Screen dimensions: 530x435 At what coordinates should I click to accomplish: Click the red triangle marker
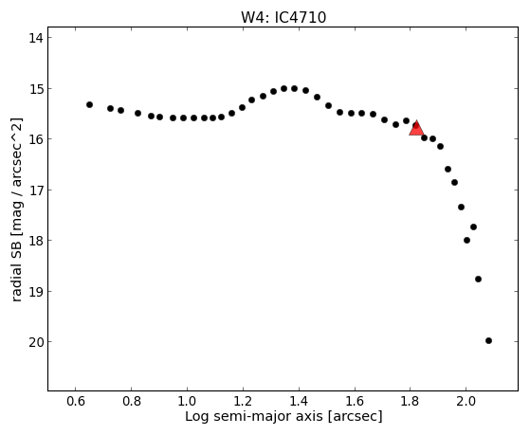click(x=416, y=129)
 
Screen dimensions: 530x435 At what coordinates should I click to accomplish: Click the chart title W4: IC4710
click(x=283, y=17)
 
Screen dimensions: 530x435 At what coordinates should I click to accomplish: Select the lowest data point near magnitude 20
click(x=488, y=340)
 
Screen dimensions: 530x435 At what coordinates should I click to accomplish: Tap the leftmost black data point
click(x=89, y=105)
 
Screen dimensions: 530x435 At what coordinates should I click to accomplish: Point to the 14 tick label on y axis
click(x=36, y=38)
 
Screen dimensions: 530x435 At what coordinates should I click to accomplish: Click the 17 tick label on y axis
click(x=36, y=190)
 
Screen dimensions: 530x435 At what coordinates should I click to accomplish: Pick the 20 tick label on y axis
click(x=36, y=342)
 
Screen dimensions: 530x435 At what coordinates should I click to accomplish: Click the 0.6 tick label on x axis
click(x=76, y=401)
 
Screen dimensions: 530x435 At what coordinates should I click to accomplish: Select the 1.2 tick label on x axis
click(x=243, y=401)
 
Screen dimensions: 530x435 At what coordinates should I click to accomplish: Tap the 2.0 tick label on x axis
click(x=466, y=401)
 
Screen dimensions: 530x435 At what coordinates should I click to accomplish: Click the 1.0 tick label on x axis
click(x=187, y=401)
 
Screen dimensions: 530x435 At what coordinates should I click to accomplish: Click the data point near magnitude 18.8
click(x=478, y=280)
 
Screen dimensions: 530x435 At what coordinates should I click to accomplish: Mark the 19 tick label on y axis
click(x=36, y=291)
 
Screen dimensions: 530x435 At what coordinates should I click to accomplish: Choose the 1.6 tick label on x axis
click(x=355, y=401)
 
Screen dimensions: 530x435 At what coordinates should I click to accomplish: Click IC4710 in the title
click(x=301, y=17)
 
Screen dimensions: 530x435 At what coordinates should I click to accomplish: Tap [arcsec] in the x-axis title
click(x=355, y=417)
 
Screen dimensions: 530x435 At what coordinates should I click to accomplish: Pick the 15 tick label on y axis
click(x=36, y=89)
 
